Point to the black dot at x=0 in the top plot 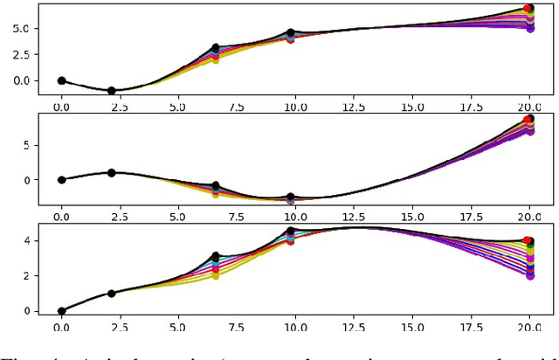(x=61, y=80)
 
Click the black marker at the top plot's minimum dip (x=111, y=91)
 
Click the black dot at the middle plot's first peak (x=111, y=173)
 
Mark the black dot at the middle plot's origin (x=61, y=180)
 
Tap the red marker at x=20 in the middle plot (x=528, y=120)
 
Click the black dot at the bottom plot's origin (x=61, y=311)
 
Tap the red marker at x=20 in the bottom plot (x=528, y=240)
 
